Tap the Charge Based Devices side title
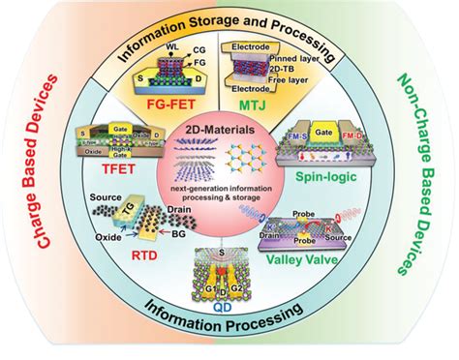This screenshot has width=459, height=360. (43, 181)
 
